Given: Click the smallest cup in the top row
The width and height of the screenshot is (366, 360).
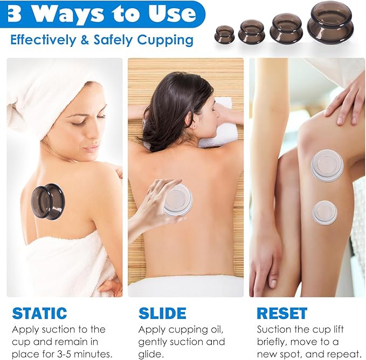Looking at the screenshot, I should coord(224,34).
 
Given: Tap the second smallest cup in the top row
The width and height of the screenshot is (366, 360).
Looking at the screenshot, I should coord(251,32).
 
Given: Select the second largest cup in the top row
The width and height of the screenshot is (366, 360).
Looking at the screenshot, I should coord(286,28).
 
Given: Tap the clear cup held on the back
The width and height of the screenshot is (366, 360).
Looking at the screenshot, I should coord(179,199).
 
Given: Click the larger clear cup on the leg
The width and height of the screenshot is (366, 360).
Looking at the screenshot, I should coord(327,165).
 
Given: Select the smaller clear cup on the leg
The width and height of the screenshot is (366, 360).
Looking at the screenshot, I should coord(324,212).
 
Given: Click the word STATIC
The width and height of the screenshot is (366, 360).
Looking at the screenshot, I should coord(39,313).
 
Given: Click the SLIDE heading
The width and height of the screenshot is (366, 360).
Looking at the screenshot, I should coord(162,313).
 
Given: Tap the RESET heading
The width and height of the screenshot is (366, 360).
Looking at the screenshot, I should coord(281,313).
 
